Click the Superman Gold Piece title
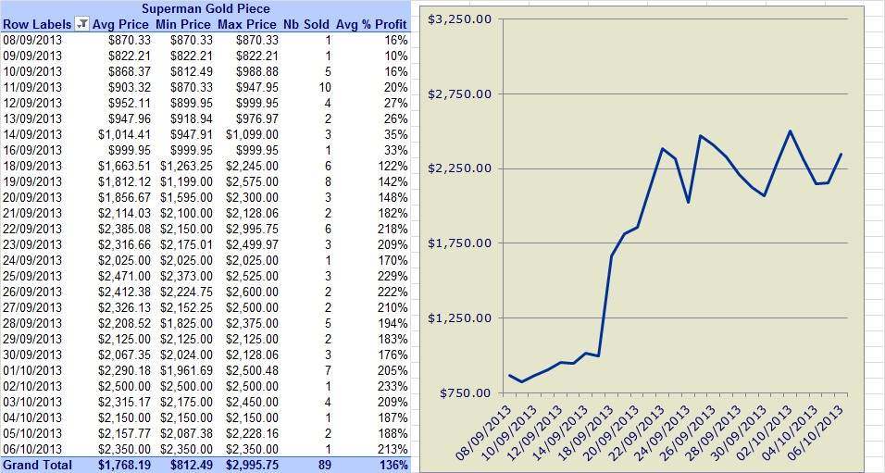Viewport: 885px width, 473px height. click(206, 8)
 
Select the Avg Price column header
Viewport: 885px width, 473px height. click(120, 24)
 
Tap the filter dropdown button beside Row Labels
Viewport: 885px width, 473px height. click(82, 24)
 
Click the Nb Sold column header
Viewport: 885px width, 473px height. click(305, 24)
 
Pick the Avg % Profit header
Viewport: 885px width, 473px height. click(371, 24)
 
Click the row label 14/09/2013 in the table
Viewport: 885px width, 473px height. click(32, 135)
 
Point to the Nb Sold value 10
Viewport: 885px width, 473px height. click(325, 88)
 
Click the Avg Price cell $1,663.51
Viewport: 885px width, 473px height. click(124, 166)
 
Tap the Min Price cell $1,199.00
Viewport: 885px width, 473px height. click(186, 181)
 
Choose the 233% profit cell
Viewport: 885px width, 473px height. click(394, 387)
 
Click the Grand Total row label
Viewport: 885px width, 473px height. click(37, 465)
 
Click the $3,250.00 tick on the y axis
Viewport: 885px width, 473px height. click(459, 19)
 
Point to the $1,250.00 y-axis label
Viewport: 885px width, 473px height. click(459, 317)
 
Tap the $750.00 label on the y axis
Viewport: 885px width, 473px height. click(465, 392)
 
